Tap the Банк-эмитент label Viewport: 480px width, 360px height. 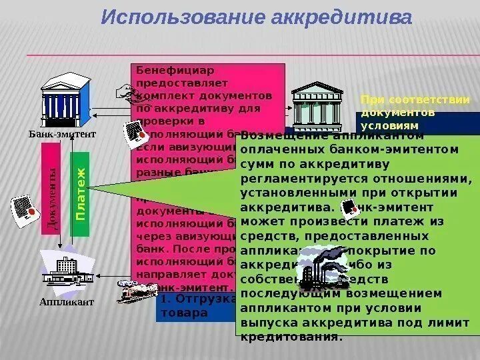62,133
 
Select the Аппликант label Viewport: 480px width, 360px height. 67,302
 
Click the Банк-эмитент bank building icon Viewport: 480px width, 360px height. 65,101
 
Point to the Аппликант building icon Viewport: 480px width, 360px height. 65,268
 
